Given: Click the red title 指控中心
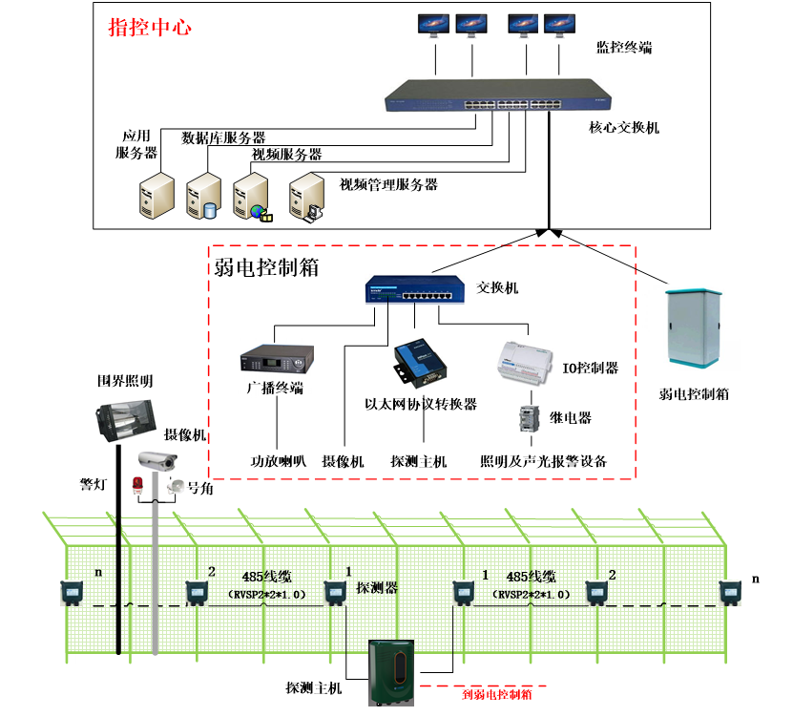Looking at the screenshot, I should tap(150, 27).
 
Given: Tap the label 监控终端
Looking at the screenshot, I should tap(624, 46).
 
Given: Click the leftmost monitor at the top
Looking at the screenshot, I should tap(432, 24).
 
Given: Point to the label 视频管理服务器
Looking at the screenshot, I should tap(388, 184).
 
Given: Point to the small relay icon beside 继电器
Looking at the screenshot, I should tap(528, 418).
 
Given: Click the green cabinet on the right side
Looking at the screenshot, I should tap(693, 327).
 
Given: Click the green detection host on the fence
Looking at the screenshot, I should tap(392, 674).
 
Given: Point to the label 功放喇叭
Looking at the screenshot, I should tap(278, 461).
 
